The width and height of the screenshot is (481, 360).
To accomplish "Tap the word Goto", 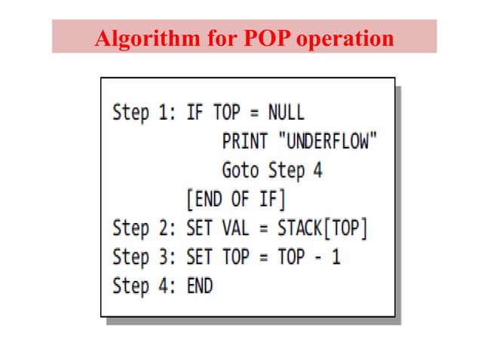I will pyautogui.click(x=240, y=171).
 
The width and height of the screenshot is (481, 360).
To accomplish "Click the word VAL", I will pyautogui.click(x=240, y=228).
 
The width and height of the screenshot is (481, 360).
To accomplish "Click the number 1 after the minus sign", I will pyautogui.click(x=336, y=257).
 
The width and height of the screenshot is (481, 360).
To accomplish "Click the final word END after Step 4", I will pyautogui.click(x=200, y=285).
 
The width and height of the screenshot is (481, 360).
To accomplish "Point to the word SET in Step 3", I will pyautogui.click(x=200, y=257).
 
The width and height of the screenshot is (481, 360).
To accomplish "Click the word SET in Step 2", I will pyautogui.click(x=200, y=228).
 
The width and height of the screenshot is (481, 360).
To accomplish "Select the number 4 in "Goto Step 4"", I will pyautogui.click(x=318, y=171).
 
